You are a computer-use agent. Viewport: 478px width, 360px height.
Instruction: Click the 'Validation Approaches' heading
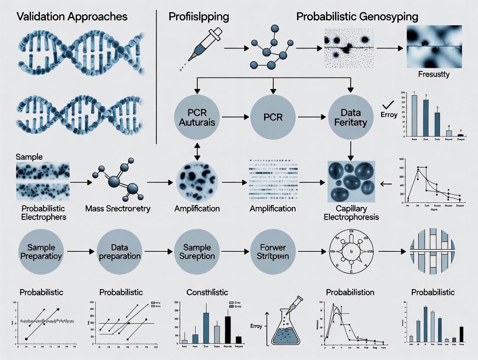tap(72, 17)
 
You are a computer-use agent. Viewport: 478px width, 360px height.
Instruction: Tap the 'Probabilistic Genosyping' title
tap(357, 17)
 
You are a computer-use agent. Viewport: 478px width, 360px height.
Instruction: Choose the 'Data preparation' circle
tap(119, 251)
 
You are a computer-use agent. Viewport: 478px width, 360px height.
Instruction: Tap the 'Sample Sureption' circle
tap(197, 251)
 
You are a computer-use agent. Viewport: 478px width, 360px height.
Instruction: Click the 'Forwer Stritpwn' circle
tap(273, 251)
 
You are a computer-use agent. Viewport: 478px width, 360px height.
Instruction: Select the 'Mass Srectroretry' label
tap(118, 209)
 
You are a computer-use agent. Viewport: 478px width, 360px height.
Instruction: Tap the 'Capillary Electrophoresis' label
tap(351, 212)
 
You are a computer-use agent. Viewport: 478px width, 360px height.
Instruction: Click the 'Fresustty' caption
tap(433, 74)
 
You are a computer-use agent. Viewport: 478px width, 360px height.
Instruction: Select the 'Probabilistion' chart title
tap(350, 292)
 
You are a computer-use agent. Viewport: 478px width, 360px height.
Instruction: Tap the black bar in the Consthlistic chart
tap(227, 329)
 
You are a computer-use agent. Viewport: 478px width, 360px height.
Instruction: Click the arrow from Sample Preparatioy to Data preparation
tap(80, 251)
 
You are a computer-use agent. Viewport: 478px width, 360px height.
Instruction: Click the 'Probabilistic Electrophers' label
tap(44, 212)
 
